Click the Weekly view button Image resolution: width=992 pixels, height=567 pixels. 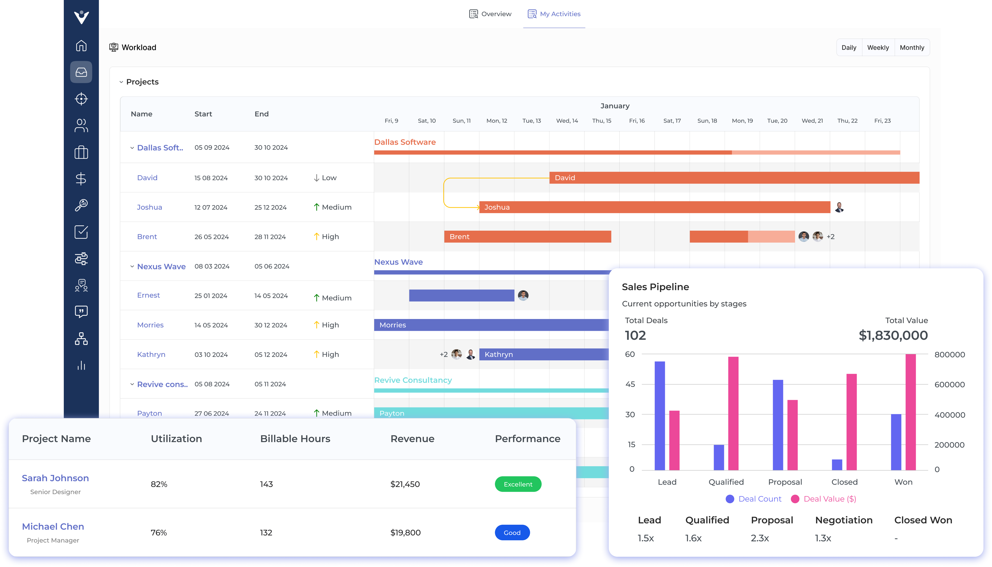pyautogui.click(x=878, y=47)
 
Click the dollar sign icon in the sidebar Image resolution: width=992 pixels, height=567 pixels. pyautogui.click(x=81, y=179)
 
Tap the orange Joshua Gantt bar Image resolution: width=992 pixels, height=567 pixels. pyautogui.click(x=655, y=207)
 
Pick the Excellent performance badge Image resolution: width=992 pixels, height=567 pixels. pyautogui.click(x=518, y=484)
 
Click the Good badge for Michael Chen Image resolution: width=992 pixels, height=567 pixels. pyautogui.click(x=512, y=533)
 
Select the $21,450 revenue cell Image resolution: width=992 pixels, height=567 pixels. pyautogui.click(x=405, y=484)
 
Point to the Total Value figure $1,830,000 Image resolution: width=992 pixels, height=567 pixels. pyautogui.click(x=893, y=335)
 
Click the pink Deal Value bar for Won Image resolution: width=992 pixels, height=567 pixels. pyautogui.click(x=911, y=412)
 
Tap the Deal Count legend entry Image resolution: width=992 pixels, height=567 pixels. pyautogui.click(x=754, y=499)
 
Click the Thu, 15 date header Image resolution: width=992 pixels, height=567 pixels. pyautogui.click(x=602, y=121)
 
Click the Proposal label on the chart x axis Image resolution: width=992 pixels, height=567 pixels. pyautogui.click(x=785, y=482)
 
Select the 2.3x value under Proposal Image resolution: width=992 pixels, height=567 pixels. pyautogui.click(x=760, y=538)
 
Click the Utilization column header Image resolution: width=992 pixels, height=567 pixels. pyautogui.click(x=176, y=439)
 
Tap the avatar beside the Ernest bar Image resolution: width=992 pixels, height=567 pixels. pyautogui.click(x=523, y=295)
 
